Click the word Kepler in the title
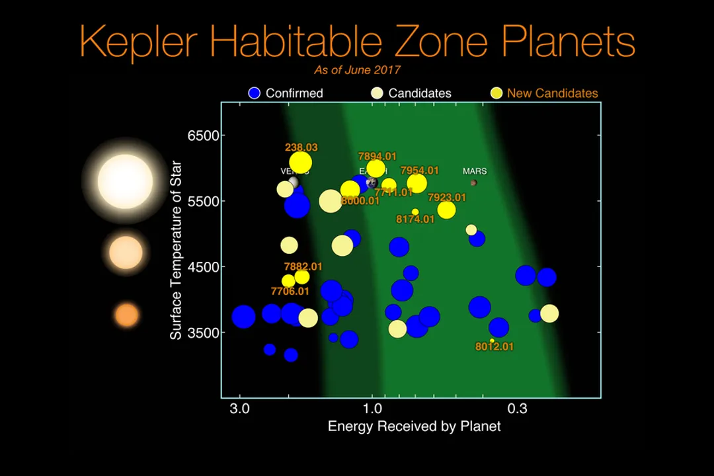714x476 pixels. (139, 41)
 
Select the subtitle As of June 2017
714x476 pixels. (357, 69)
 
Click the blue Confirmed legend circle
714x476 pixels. (255, 93)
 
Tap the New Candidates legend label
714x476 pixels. (552, 93)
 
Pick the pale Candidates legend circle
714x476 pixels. (377, 93)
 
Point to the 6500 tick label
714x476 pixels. (203, 136)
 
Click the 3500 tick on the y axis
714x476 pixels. (203, 333)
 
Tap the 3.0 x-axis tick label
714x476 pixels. (239, 409)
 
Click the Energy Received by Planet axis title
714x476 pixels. (414, 426)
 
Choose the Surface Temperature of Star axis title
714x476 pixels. (176, 250)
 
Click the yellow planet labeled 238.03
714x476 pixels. (301, 162)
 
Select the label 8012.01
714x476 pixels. (494, 346)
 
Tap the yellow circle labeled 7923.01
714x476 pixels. (447, 210)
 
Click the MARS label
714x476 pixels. (474, 171)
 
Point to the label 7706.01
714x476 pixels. (290, 291)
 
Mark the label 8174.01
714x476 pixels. (415, 219)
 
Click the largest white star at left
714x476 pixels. (125, 180)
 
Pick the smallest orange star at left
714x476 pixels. (126, 315)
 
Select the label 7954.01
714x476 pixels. (419, 171)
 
